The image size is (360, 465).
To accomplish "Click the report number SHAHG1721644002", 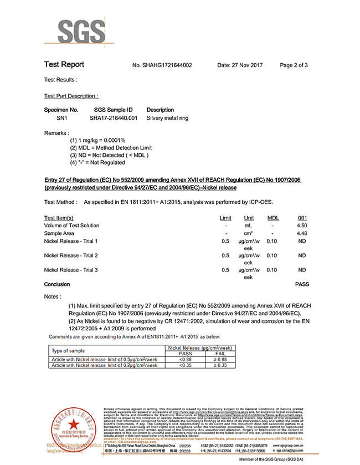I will (x=162, y=65).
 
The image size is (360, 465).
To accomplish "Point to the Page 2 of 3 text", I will (x=294, y=65).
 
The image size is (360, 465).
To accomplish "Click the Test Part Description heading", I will (x=71, y=96).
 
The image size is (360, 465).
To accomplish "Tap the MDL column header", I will (x=272, y=218).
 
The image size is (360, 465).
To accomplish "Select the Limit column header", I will (x=225, y=218).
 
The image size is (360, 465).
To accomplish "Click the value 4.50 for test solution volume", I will (x=302, y=226).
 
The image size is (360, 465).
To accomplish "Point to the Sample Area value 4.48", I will (x=302, y=233).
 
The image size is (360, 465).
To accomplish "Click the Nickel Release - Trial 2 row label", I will (x=71, y=256).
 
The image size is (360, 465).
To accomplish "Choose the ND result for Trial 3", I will (x=302, y=270).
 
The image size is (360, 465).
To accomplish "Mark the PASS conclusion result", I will (x=302, y=284).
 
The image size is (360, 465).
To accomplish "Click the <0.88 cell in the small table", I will (x=185, y=359).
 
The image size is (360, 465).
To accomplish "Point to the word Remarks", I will (x=56, y=133).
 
